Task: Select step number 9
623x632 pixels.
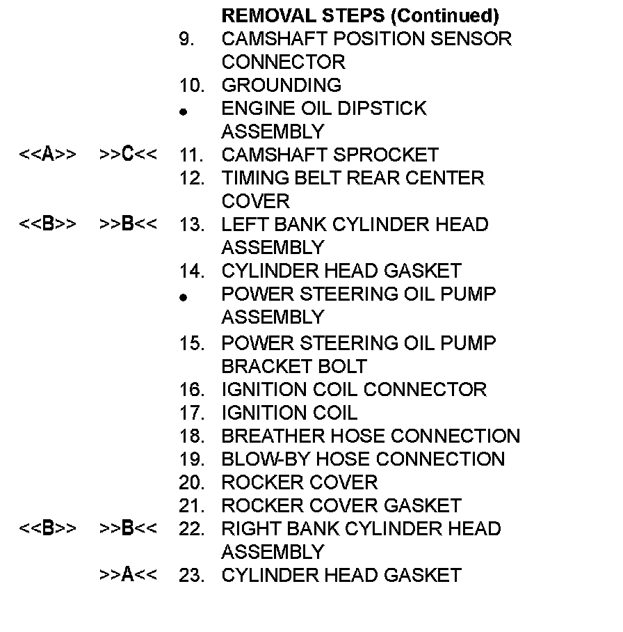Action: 186,39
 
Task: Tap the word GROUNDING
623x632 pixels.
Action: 281,86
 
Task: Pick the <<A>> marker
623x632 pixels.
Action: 47,155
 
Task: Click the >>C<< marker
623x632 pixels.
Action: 128,155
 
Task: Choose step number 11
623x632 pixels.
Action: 191,155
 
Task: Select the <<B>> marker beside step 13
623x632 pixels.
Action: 47,225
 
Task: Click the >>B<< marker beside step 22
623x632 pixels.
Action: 128,529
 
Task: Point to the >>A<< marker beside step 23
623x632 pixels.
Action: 128,575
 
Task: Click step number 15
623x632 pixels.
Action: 191,343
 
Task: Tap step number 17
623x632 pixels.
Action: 191,413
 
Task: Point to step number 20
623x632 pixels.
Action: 191,482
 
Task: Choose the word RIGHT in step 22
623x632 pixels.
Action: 248,529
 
